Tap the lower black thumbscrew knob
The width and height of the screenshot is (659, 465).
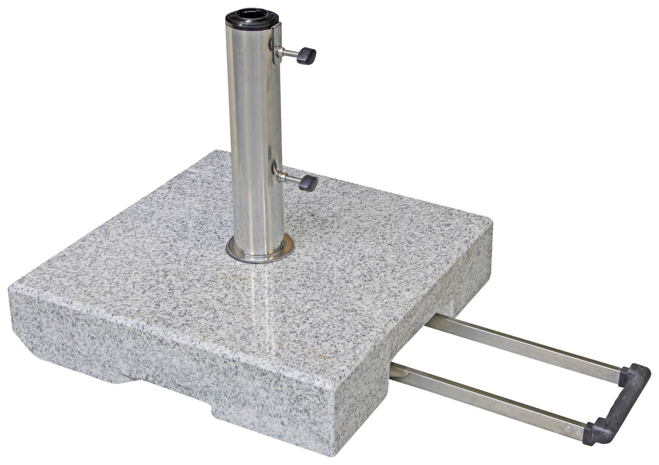pyautogui.click(x=308, y=182)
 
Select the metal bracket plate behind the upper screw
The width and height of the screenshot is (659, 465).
pyautogui.click(x=276, y=46)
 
